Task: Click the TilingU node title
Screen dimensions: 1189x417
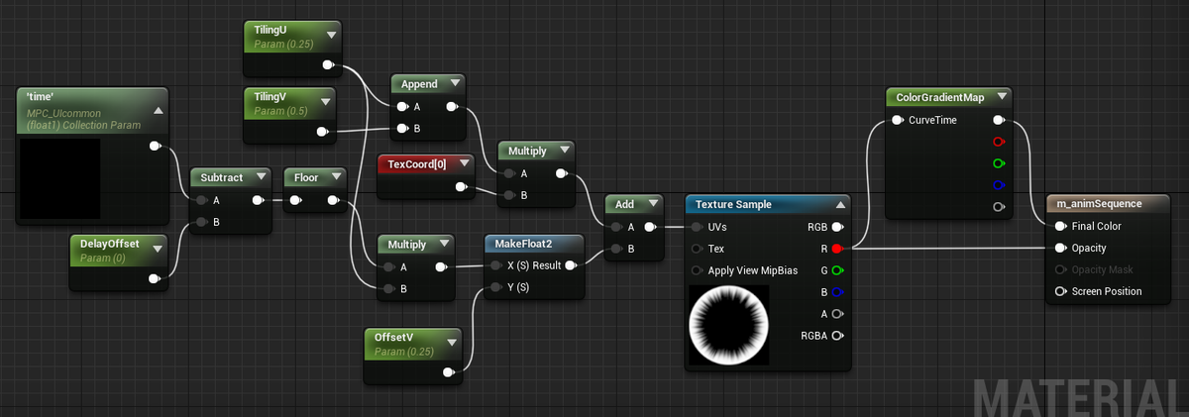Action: (x=270, y=31)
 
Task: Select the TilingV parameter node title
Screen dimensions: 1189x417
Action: (x=270, y=97)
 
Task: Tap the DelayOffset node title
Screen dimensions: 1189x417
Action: (x=109, y=244)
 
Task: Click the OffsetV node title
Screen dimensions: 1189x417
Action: (x=393, y=338)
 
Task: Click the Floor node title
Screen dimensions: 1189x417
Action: (x=306, y=177)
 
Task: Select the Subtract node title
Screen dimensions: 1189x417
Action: (x=221, y=177)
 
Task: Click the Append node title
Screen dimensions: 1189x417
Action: (x=419, y=84)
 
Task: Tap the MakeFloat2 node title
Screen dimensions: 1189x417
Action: (x=523, y=244)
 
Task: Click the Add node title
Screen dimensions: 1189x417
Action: (x=624, y=204)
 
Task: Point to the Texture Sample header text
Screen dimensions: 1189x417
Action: (x=733, y=205)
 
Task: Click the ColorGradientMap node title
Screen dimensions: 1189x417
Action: (x=940, y=98)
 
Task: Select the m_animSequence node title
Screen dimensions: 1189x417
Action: (x=1099, y=204)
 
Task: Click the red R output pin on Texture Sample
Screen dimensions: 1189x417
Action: (x=837, y=249)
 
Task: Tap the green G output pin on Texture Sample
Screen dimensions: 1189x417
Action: (x=837, y=270)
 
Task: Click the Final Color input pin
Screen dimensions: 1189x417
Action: (x=1060, y=227)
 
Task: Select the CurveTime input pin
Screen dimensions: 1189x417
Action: (x=898, y=121)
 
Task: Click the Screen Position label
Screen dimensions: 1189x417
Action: (x=1106, y=291)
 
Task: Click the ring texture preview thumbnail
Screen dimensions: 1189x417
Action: (x=729, y=325)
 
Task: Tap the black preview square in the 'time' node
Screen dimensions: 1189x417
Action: (x=60, y=178)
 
